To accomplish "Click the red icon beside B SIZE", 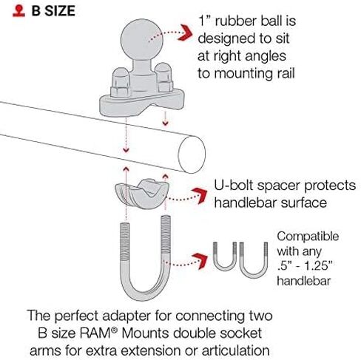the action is point(18,11).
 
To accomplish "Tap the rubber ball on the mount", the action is point(142,40).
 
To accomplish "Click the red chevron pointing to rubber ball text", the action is point(186,33).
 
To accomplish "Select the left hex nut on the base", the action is point(121,84).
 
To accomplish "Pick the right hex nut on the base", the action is point(164,78).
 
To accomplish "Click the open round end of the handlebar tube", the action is point(192,154).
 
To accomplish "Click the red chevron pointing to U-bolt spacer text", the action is point(200,195).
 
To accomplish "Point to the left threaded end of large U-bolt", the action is point(125,242).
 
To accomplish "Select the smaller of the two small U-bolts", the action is point(225,257).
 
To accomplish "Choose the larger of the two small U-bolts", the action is point(254,260).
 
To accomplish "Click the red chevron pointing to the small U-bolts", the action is point(200,261).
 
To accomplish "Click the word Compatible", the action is point(308,237).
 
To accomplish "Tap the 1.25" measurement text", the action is point(318,266).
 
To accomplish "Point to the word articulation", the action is point(235,350).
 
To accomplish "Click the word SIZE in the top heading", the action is point(60,11).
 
